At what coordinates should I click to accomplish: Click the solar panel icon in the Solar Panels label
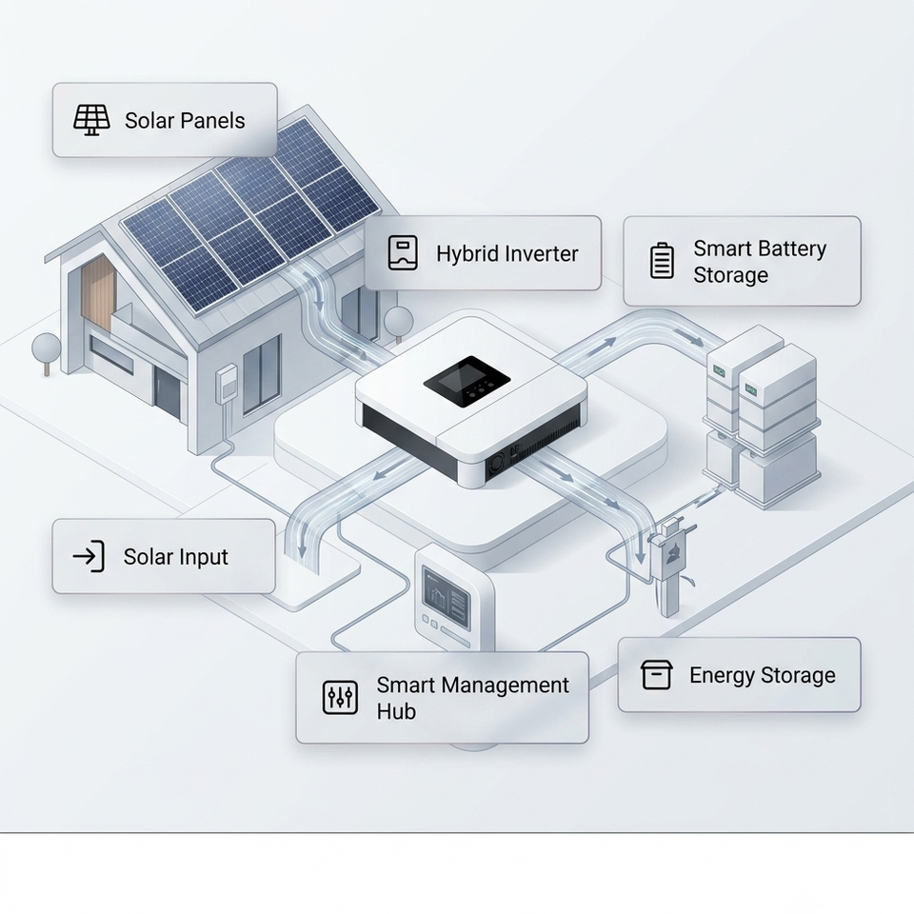pos(91,120)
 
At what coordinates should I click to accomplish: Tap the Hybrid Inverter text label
pos(507,253)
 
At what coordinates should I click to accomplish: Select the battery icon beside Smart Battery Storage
pos(662,261)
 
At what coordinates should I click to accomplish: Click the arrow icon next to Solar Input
pos(89,556)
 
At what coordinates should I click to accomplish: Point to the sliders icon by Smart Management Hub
pos(340,697)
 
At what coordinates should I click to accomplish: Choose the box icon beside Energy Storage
pos(656,674)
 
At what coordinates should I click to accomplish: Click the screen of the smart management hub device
pos(446,596)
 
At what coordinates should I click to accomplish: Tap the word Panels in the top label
pos(213,121)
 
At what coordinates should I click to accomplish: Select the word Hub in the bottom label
pos(396,711)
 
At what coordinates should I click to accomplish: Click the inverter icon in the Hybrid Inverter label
pos(403,252)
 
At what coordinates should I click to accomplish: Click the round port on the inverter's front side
pos(496,465)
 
